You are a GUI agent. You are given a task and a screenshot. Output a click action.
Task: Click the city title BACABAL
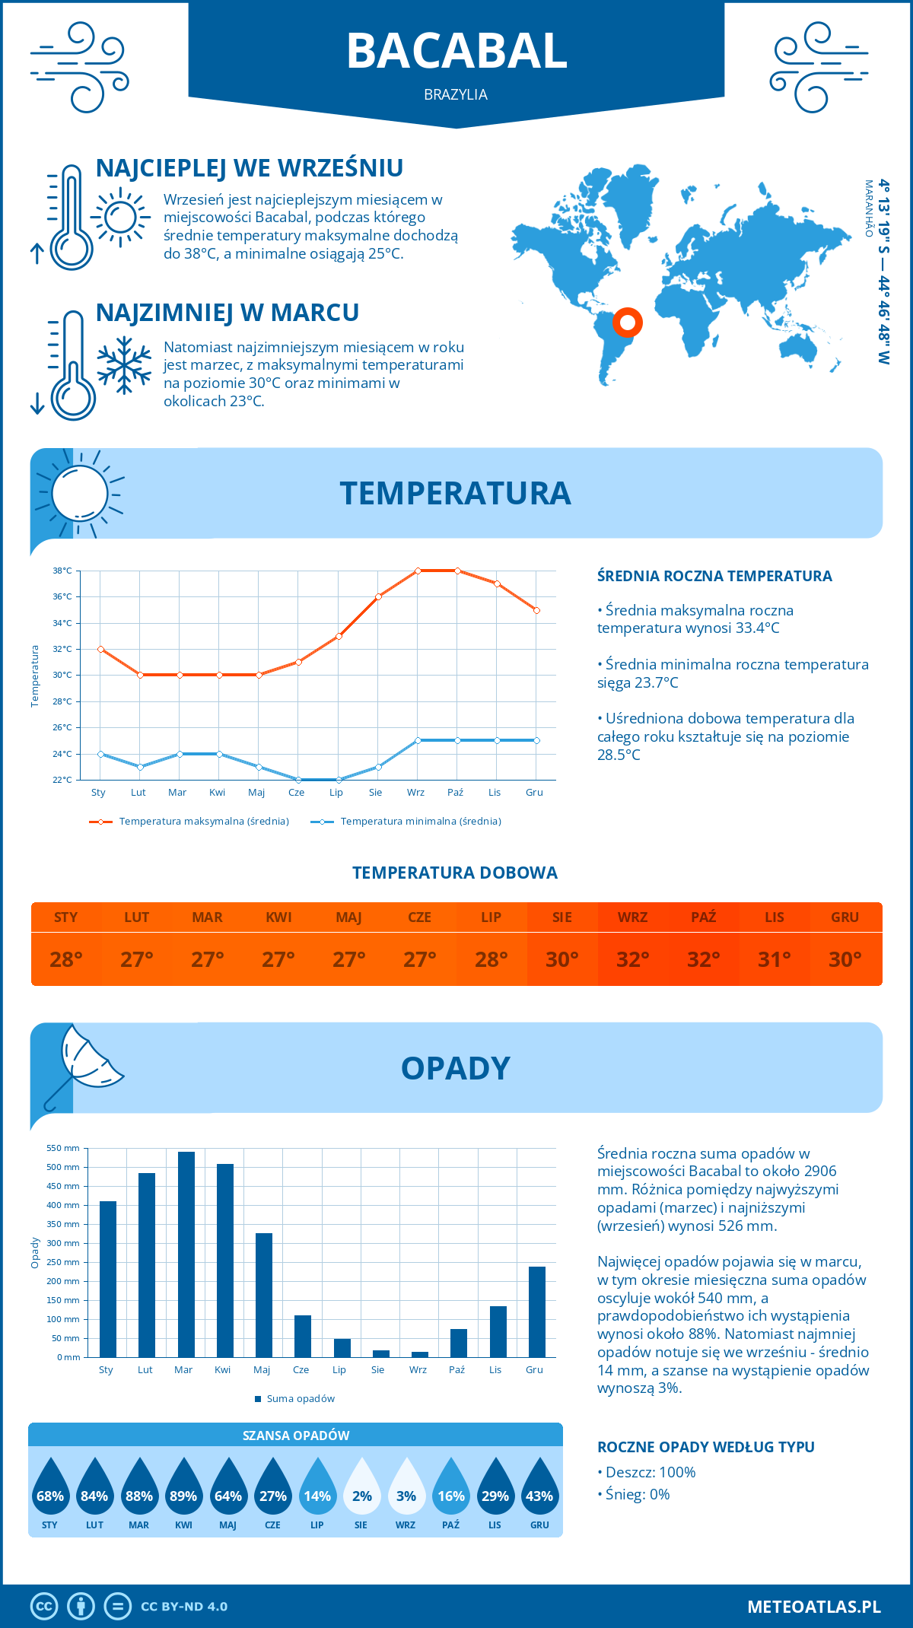(456, 51)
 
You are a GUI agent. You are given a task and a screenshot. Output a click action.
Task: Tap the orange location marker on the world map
(628, 323)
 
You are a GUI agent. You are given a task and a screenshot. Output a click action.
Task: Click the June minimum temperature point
(298, 780)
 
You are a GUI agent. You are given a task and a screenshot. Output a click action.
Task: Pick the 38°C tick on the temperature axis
(62, 571)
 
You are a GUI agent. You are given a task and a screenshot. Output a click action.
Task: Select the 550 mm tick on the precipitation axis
(63, 1148)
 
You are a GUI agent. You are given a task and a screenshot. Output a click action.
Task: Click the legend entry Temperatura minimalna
(420, 822)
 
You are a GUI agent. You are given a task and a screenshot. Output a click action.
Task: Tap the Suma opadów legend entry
(301, 1398)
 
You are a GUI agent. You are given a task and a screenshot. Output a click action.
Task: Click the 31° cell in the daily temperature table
(774, 959)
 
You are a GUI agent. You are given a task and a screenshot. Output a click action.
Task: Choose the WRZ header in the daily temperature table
(632, 917)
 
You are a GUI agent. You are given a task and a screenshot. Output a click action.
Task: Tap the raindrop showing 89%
(183, 1488)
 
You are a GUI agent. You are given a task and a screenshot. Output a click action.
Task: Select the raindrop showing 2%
(361, 1488)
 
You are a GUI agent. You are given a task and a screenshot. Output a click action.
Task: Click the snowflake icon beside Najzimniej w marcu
(124, 365)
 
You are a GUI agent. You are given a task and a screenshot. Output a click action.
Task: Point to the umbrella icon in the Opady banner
(84, 1065)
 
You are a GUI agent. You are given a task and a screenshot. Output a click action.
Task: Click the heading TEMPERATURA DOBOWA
(455, 873)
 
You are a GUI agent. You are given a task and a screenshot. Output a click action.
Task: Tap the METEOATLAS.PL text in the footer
(813, 1606)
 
